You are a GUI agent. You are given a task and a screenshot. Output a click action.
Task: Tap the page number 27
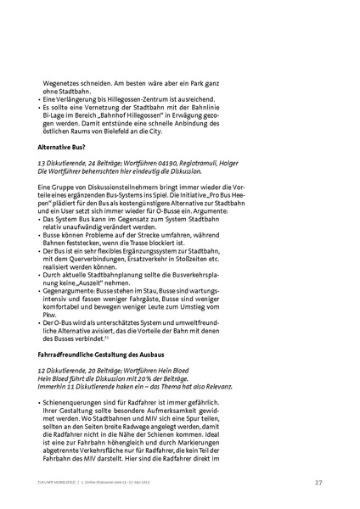(318, 483)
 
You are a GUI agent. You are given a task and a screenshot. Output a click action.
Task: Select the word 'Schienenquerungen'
(74, 403)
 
